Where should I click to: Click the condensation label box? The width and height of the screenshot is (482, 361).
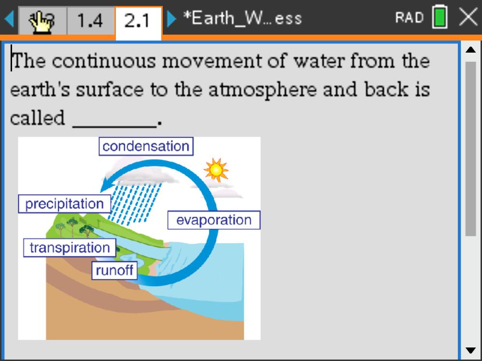(146, 146)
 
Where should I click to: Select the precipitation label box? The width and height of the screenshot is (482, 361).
(64, 204)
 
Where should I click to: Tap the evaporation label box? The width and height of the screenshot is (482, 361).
(213, 220)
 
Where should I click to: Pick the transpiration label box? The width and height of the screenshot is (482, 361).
(70, 248)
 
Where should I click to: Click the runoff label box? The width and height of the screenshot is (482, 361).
(114, 270)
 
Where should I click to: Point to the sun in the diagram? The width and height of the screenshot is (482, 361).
(215, 169)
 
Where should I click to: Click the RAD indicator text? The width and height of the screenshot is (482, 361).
(410, 18)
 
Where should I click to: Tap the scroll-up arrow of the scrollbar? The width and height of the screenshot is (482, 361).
(470, 50)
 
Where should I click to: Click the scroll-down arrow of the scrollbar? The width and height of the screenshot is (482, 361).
(470, 350)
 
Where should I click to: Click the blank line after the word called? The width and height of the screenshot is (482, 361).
(114, 119)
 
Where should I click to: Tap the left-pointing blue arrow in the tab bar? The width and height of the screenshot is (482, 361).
(8, 20)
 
